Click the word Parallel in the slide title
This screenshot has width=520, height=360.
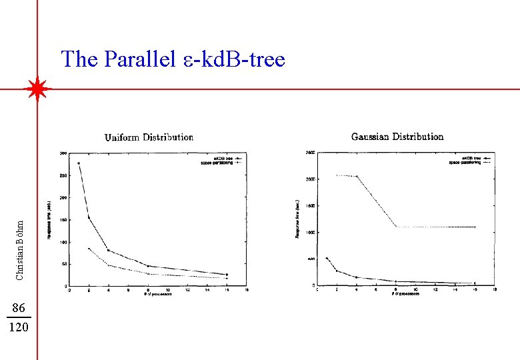(x=131, y=60)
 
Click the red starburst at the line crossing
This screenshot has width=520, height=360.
(x=37, y=89)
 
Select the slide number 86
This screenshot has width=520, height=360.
(x=19, y=307)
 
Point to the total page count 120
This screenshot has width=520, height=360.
(x=19, y=327)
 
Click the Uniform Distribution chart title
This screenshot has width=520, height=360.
(x=149, y=137)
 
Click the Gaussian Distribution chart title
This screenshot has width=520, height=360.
(x=397, y=137)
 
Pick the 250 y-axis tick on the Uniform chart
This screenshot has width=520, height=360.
(x=62, y=175)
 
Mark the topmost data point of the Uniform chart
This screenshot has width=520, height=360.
(x=79, y=163)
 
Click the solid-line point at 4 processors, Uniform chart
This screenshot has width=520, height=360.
(x=109, y=251)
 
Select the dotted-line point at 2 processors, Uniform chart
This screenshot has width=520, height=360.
(x=89, y=249)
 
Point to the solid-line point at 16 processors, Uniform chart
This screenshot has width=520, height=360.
(x=227, y=274)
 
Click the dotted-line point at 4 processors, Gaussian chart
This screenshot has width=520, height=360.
(x=357, y=177)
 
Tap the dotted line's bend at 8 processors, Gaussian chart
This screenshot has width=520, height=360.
(x=396, y=227)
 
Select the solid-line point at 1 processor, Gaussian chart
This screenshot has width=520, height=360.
(x=327, y=258)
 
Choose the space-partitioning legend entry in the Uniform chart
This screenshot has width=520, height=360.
(x=215, y=162)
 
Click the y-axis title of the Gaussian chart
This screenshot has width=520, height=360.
(x=298, y=219)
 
